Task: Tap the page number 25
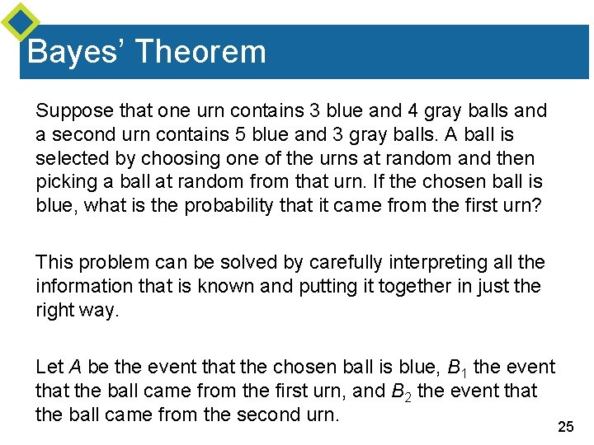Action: click(x=564, y=426)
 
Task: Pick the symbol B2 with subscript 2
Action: click(x=403, y=391)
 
